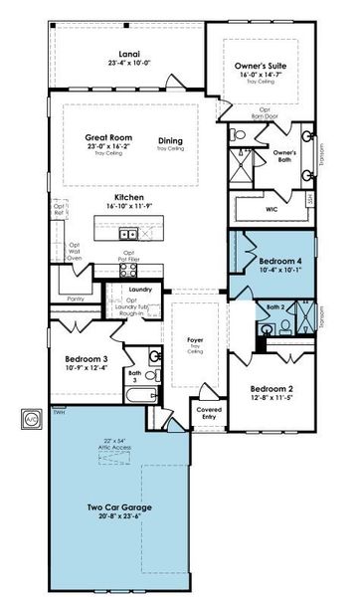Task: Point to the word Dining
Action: pyautogui.click(x=170, y=140)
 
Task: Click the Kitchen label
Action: pyautogui.click(x=129, y=197)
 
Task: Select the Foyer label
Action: pyautogui.click(x=195, y=339)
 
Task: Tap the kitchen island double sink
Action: pyautogui.click(x=128, y=234)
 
